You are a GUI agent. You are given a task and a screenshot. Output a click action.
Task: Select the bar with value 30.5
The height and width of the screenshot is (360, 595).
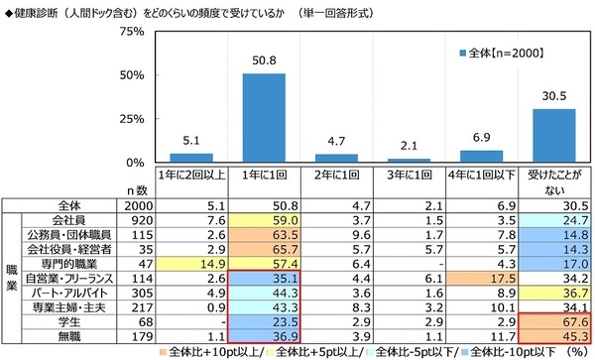553,136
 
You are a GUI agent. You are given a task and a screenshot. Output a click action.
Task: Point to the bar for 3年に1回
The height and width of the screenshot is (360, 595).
409,160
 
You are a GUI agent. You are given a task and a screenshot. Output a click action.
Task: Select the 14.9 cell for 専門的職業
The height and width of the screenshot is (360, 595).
191,265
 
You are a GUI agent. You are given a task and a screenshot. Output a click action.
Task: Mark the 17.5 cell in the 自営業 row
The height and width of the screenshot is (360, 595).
482,280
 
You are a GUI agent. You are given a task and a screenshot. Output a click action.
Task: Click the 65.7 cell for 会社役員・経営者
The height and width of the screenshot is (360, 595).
264,250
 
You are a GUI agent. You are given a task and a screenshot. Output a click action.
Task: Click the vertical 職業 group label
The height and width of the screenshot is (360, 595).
11,279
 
